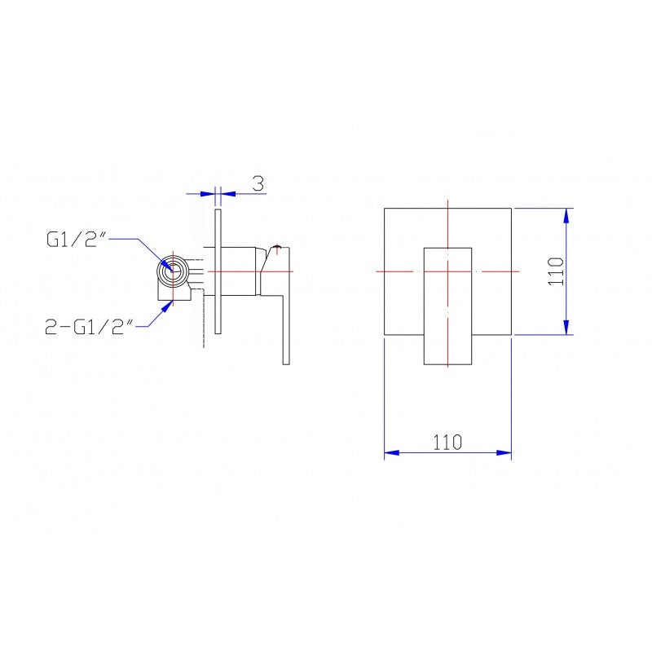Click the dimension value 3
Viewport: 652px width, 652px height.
coord(258,183)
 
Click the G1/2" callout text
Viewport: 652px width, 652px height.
coord(77,240)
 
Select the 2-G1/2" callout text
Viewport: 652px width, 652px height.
coord(89,327)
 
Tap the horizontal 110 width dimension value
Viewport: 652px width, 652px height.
coord(447,443)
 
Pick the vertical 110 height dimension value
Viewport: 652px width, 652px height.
coord(556,271)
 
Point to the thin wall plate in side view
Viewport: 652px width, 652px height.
coord(218,271)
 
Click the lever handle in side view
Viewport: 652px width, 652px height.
coord(280,303)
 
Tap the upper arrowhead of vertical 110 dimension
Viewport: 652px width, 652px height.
coord(566,215)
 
